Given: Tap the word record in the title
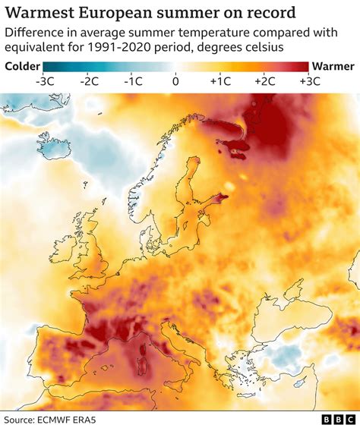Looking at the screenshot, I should coord(269,14).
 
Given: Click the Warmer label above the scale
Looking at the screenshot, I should coord(333,66).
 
